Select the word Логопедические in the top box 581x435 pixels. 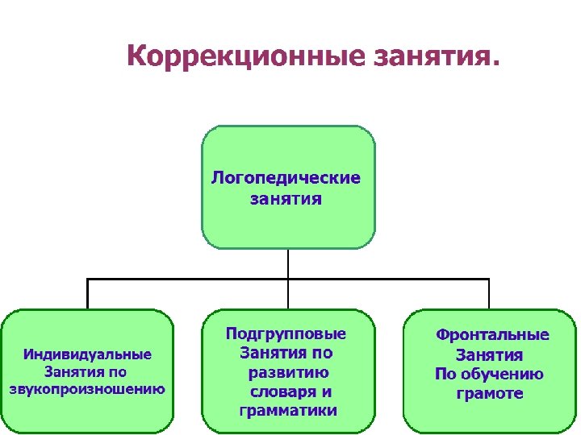(286, 177)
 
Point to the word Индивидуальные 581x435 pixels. (87, 354)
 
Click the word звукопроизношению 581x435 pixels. (87, 390)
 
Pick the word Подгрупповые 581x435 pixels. (286, 333)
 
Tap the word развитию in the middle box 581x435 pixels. (288, 372)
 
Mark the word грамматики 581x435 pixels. (288, 411)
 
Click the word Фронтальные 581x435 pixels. (492, 335)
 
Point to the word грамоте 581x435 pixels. (490, 394)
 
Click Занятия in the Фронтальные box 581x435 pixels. (490, 354)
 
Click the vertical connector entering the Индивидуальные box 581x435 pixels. (87, 294)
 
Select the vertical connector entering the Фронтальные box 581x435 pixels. (489, 294)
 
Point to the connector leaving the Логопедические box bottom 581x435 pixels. (288, 263)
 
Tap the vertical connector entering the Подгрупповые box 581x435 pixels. (288, 294)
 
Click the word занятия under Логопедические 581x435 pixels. (286, 198)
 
